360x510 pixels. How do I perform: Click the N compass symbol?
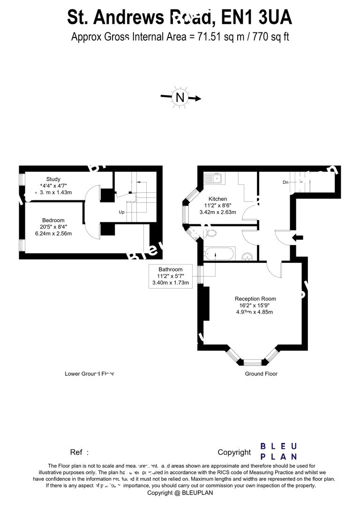tap(180, 98)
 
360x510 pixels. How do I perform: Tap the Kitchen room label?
tap(217, 199)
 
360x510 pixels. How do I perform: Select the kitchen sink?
tap(215, 178)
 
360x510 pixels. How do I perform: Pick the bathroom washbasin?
tap(249, 256)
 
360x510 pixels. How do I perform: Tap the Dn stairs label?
tap(285, 182)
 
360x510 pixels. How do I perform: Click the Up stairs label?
tap(121, 212)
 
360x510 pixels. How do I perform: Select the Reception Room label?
tap(255, 298)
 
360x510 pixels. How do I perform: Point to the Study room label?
tap(53, 179)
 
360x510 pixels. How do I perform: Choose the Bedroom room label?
tap(53, 220)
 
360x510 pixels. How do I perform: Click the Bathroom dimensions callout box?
tap(170, 276)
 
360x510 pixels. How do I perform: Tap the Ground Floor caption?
tap(261, 374)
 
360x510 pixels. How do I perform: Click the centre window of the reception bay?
tap(253, 362)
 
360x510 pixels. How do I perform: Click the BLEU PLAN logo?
tap(278, 451)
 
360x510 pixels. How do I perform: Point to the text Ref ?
tap(79, 452)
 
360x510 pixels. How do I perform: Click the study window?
tap(22, 180)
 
